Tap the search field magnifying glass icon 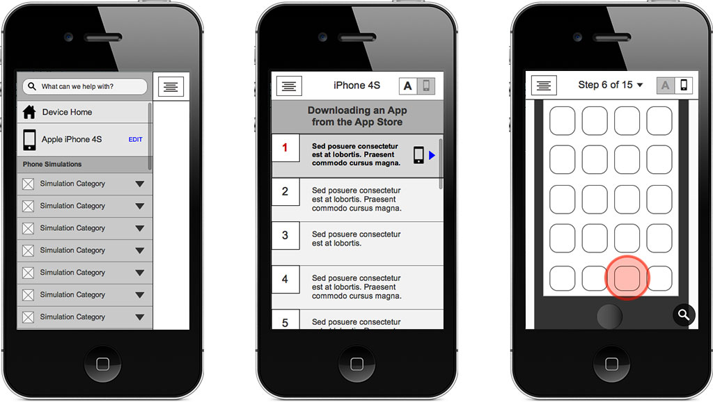pyautogui.click(x=31, y=86)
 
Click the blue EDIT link pyautogui.click(x=136, y=140)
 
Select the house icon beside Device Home pyautogui.click(x=29, y=112)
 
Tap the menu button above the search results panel pyautogui.click(x=171, y=86)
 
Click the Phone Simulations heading pyautogui.click(x=52, y=164)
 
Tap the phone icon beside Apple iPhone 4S pyautogui.click(x=29, y=140)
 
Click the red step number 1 pyautogui.click(x=285, y=147)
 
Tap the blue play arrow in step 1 pyautogui.click(x=432, y=155)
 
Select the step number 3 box pyautogui.click(x=285, y=235)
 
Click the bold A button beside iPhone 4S pyautogui.click(x=408, y=86)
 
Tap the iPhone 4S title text pyautogui.click(x=357, y=86)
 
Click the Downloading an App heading pyautogui.click(x=357, y=116)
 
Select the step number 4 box pyautogui.click(x=285, y=279)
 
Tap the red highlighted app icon pyautogui.click(x=627, y=278)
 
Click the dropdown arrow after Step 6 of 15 pyautogui.click(x=640, y=85)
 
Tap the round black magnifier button pyautogui.click(x=684, y=314)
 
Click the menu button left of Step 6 pyautogui.click(x=544, y=86)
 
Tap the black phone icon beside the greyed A pyautogui.click(x=684, y=85)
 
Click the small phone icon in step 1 pyautogui.click(x=418, y=155)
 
